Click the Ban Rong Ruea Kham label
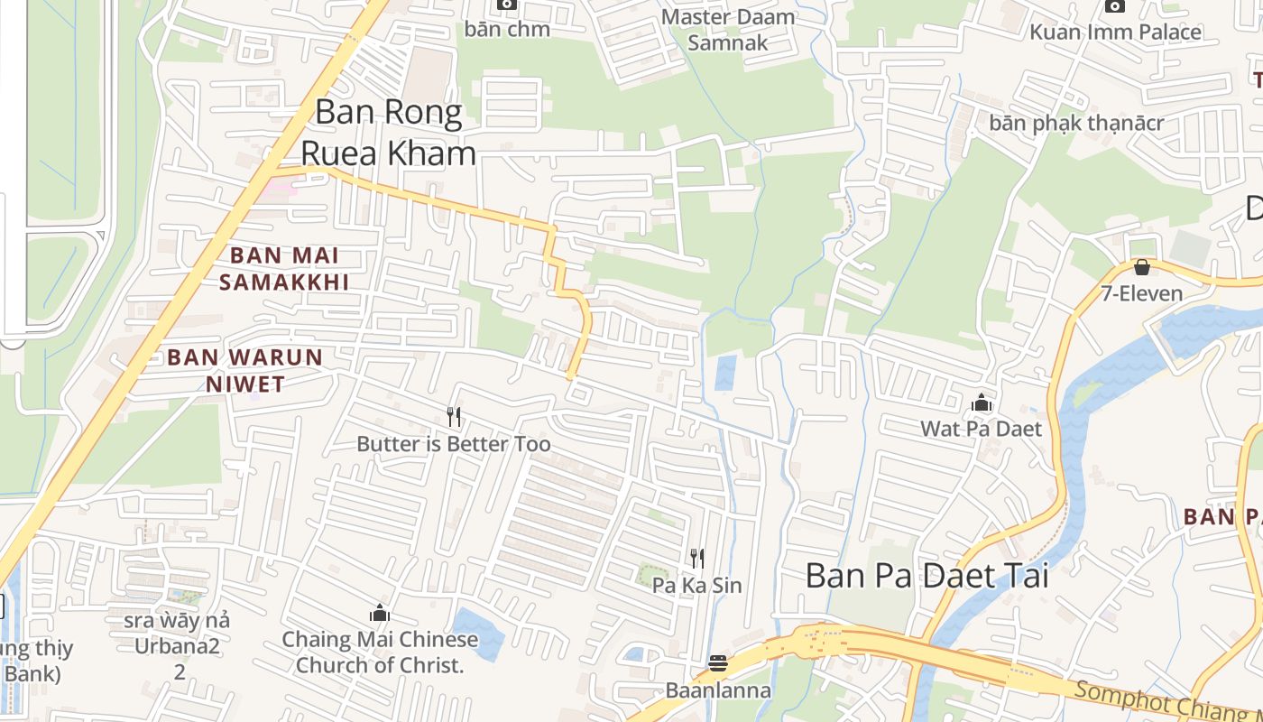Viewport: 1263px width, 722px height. [388, 133]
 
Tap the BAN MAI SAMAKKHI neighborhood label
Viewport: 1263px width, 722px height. [284, 269]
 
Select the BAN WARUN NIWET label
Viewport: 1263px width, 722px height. [245, 370]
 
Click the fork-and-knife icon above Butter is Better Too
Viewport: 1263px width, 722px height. [454, 416]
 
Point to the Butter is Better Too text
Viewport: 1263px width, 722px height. [454, 444]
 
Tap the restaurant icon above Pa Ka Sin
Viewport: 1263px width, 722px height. [696, 558]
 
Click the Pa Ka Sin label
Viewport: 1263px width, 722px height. [696, 586]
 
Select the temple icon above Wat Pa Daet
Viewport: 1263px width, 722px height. [982, 403]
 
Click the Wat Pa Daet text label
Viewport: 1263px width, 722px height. [982, 429]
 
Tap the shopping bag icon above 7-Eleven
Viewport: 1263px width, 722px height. [1141, 267]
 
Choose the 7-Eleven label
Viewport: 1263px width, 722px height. [1141, 293]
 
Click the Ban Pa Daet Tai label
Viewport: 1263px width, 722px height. [927, 575]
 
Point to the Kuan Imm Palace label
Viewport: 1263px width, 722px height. [1115, 32]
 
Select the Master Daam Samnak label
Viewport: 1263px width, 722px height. [728, 30]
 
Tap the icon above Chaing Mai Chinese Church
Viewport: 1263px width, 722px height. [380, 614]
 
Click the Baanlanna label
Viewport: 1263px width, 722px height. [718, 691]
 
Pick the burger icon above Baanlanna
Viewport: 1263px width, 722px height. [718, 664]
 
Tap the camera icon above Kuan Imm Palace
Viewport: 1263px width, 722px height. [1115, 5]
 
